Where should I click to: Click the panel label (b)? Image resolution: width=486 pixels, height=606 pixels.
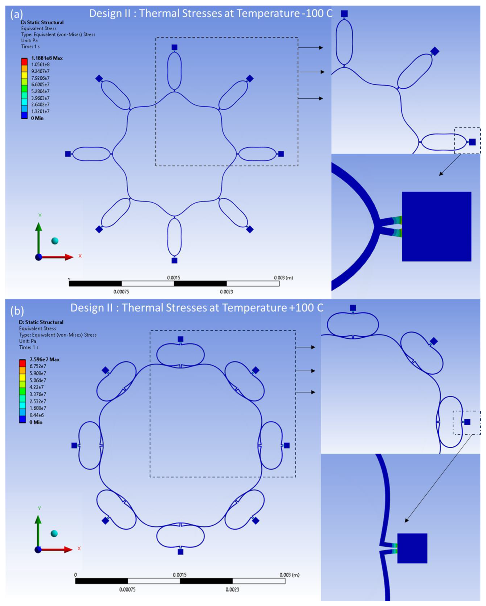coord(17,311)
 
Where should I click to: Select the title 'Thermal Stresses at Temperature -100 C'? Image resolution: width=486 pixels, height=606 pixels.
coord(211,13)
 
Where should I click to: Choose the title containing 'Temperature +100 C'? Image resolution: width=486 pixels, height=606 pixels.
coord(197,308)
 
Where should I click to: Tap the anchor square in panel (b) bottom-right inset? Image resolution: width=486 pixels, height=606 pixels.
coord(412,548)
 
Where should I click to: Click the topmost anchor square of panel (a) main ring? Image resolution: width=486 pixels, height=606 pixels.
coord(174,47)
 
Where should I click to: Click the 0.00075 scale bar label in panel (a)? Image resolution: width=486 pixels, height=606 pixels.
coord(121,292)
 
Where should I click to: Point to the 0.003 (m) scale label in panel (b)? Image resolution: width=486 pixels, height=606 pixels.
coord(289,575)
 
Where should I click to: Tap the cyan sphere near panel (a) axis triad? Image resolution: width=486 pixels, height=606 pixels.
coord(55,241)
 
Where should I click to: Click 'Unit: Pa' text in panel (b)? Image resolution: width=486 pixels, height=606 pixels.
coord(27,341)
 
